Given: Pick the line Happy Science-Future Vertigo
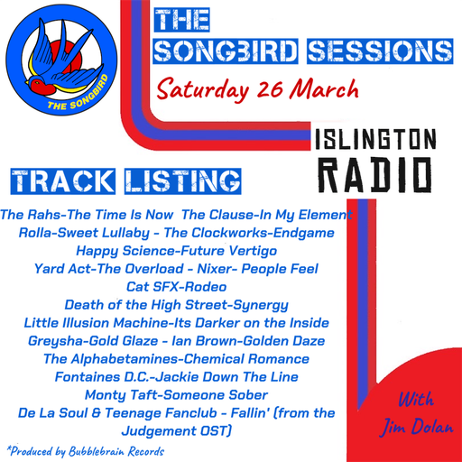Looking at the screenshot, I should pyautogui.click(x=180, y=251).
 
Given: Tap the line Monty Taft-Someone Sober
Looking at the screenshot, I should pyautogui.click(x=175, y=393).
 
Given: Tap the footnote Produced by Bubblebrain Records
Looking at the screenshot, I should pyautogui.click(x=86, y=449).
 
